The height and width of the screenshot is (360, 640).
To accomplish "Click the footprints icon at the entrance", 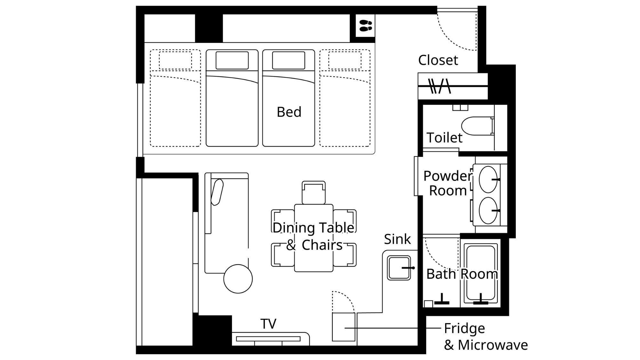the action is tap(365, 26).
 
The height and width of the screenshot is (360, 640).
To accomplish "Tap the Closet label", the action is tap(438, 60).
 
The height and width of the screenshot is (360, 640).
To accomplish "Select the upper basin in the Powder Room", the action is tap(488, 179).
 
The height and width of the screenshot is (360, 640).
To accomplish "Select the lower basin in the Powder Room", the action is tap(488, 211).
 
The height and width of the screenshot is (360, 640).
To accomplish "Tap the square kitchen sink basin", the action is tap(399, 268).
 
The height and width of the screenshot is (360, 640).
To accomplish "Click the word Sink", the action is tap(397, 239).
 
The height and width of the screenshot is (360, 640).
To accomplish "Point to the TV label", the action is tap(268, 324).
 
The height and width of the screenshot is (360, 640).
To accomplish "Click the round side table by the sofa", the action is tap(238, 279).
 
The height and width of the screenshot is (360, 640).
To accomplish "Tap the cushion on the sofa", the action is tap(217, 192).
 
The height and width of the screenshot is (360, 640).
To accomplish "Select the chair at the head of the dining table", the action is tap(314, 193).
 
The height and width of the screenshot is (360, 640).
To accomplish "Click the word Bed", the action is tap(289, 112).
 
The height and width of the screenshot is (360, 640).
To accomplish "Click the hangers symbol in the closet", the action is tap(440, 86).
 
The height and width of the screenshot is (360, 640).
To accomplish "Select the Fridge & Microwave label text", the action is tap(486, 337).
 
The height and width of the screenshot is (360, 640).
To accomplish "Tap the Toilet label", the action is tap(444, 138).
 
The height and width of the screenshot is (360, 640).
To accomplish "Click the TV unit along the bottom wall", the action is tap(270, 339).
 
